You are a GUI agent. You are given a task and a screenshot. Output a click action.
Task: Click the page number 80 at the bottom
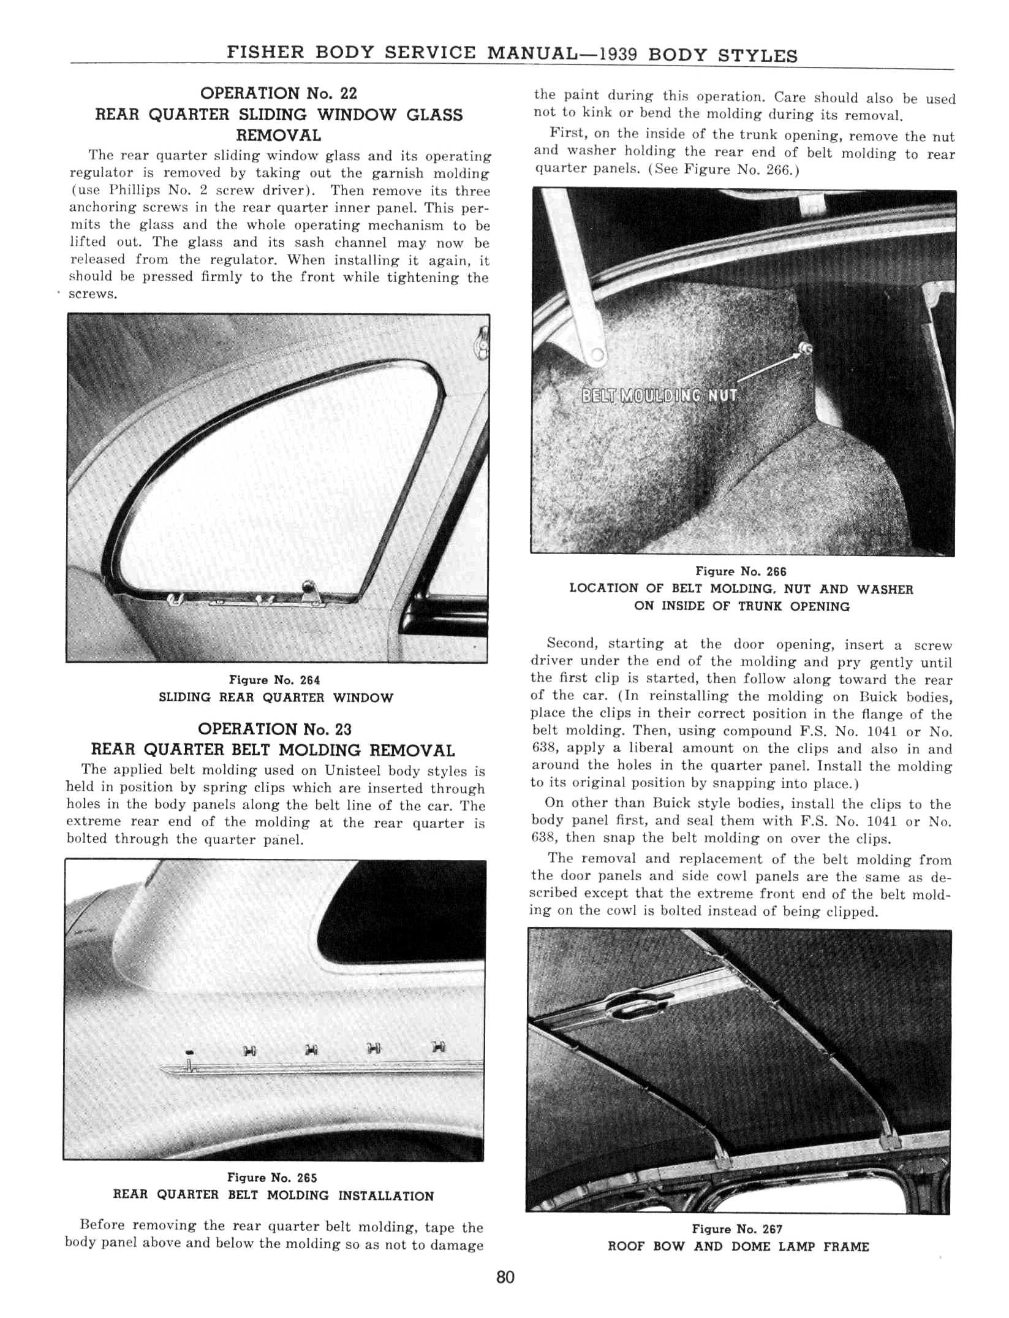click(505, 1278)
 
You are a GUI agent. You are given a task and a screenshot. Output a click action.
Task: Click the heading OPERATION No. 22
click(279, 94)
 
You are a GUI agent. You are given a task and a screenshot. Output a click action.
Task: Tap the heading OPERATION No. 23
click(274, 729)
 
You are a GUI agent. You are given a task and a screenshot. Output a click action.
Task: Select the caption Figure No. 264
click(274, 680)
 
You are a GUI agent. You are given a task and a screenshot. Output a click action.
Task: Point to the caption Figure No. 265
click(272, 1178)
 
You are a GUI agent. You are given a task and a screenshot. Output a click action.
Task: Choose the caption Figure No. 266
click(741, 572)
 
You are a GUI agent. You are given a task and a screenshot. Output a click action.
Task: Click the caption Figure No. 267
click(737, 1229)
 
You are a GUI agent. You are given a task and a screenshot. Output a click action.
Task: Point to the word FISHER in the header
click(265, 52)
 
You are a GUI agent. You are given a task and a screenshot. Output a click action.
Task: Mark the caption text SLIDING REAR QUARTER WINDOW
click(276, 698)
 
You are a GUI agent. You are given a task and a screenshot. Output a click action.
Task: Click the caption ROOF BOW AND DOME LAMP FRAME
click(738, 1247)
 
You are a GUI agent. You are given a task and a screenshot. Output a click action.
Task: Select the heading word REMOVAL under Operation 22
click(279, 135)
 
